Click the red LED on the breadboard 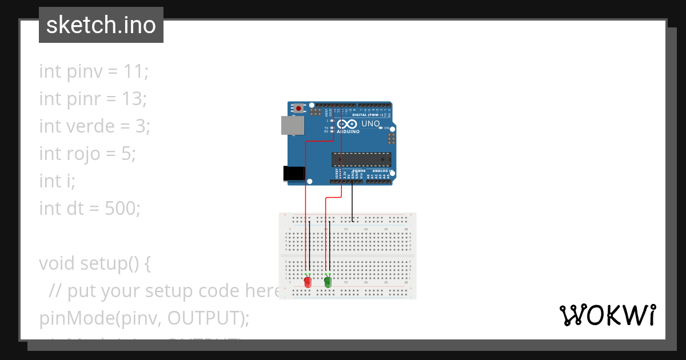coord(308,282)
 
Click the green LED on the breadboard coord(328,282)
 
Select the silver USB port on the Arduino coord(292,126)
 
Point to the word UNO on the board coord(370,123)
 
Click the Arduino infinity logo coord(347,124)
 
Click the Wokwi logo coord(607,315)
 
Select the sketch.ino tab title coord(101,25)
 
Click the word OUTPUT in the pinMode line coord(204,318)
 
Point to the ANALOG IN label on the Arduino coord(382,171)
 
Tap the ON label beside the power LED coord(386,128)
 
